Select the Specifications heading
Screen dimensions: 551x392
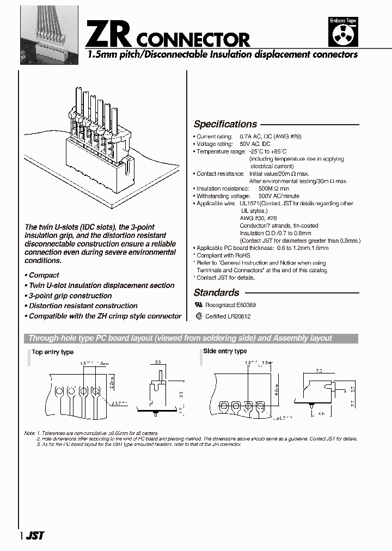click(225, 124)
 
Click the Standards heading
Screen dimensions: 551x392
click(216, 292)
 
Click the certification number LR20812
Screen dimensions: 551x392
click(240, 316)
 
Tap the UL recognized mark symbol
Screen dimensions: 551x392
click(198, 305)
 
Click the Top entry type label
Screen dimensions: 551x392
click(52, 352)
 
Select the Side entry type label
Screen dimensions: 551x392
click(225, 351)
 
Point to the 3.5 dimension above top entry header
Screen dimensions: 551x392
click(157, 361)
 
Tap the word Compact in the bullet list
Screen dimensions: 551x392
click(44, 275)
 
